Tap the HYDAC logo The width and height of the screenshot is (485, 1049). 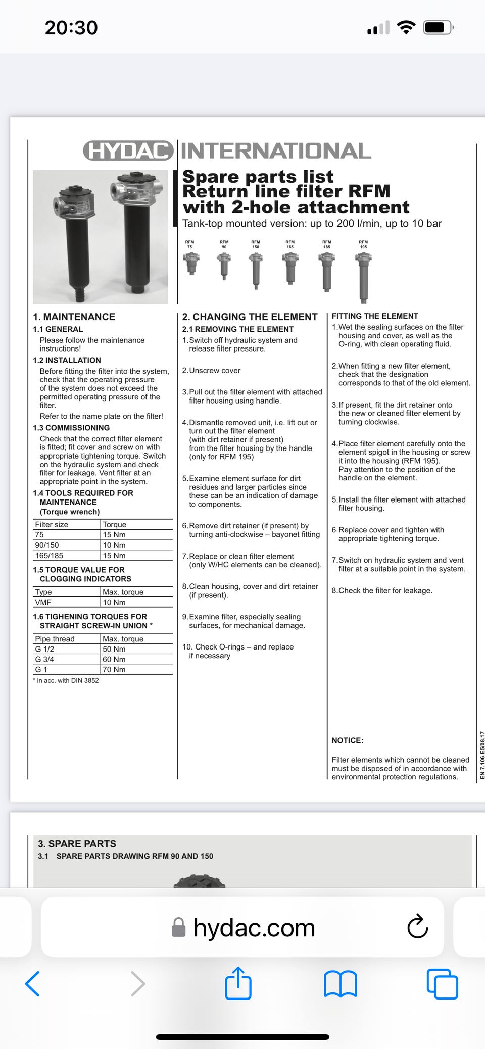pos(128,151)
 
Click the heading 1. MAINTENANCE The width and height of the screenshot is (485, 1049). pos(74,317)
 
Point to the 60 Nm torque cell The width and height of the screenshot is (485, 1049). pos(114,659)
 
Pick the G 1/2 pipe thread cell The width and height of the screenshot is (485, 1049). pos(44,649)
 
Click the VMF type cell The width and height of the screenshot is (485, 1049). pos(43,602)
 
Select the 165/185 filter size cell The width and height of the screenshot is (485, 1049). pos(49,555)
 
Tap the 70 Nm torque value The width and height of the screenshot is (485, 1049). pos(114,669)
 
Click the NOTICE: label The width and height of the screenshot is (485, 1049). pos(348,740)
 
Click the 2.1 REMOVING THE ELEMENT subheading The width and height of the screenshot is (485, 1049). pos(237,329)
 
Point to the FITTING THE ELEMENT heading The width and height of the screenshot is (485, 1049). pos(375,316)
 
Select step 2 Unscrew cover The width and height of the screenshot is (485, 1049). pos(211,370)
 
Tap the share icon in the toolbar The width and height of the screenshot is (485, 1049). pos(238,983)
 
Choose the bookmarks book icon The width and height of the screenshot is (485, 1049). pos(340,984)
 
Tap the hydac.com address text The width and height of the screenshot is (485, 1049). pos(254,928)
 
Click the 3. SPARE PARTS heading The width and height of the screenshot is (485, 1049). pos(77,843)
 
